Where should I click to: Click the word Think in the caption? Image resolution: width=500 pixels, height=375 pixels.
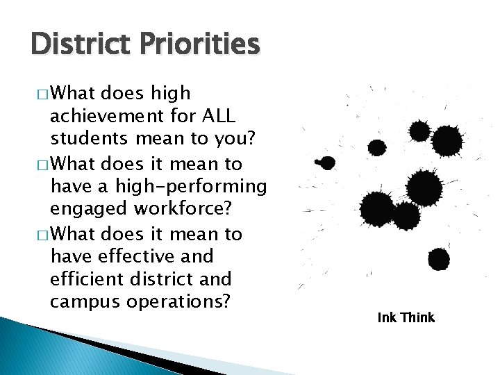[417, 317]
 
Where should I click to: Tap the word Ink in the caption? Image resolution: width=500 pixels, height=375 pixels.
[385, 317]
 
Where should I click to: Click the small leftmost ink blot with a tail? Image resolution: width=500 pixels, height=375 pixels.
[326, 163]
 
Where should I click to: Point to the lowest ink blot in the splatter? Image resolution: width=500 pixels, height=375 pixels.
[438, 259]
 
